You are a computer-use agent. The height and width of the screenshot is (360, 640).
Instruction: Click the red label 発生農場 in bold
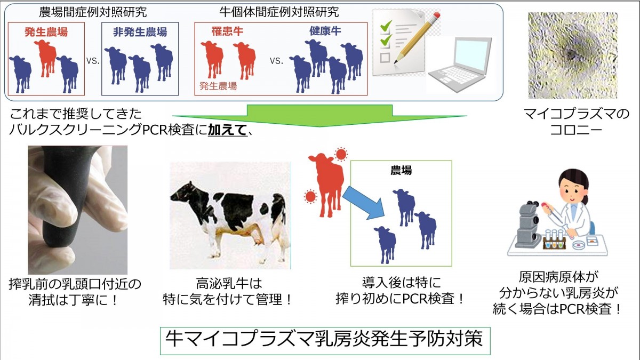[x=46, y=32]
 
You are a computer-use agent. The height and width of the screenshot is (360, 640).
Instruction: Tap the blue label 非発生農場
[x=140, y=32]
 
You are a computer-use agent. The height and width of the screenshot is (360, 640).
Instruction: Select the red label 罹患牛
[x=227, y=31]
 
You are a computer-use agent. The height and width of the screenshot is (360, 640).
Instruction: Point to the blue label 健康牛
[x=325, y=31]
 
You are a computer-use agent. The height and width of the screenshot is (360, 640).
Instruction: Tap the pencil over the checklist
[x=417, y=38]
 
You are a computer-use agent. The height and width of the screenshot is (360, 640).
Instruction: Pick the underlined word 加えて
[x=227, y=130]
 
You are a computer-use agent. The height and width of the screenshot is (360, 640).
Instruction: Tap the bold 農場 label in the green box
[x=401, y=171]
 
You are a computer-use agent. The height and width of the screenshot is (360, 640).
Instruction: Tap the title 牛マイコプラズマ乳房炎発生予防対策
[x=324, y=339]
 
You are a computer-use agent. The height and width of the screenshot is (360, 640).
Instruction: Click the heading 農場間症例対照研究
[x=93, y=12]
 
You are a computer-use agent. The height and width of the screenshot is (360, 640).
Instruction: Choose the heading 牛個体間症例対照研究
[x=279, y=12]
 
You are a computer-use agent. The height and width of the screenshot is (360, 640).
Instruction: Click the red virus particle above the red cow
[x=341, y=154]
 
